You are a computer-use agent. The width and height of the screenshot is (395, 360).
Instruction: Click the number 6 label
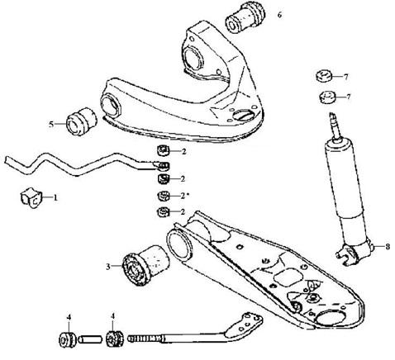click(279, 15)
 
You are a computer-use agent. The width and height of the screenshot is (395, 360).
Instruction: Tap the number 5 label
click(51, 125)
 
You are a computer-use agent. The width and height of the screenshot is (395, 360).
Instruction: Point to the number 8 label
click(388, 247)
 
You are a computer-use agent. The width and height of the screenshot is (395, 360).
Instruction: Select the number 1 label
click(55, 197)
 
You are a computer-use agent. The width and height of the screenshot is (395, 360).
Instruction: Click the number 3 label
click(108, 267)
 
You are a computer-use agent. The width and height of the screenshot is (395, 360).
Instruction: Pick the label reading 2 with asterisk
click(185, 196)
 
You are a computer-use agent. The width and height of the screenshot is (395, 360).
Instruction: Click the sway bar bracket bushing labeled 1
click(31, 197)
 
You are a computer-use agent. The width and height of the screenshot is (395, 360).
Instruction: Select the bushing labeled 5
click(80, 121)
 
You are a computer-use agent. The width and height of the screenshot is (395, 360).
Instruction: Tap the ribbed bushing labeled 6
click(245, 17)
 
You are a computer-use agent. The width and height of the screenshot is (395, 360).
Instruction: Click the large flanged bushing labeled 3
click(145, 264)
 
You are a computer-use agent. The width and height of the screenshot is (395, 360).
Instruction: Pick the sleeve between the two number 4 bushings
click(90, 339)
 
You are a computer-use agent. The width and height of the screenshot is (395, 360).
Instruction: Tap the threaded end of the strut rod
click(144, 338)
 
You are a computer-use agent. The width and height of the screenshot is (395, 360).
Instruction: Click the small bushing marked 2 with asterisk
click(164, 196)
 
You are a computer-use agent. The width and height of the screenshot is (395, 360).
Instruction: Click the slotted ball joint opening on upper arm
click(243, 115)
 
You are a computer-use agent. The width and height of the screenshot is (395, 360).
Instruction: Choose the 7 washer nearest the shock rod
click(327, 97)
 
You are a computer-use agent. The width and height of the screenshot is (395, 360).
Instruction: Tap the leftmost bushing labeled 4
click(67, 339)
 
